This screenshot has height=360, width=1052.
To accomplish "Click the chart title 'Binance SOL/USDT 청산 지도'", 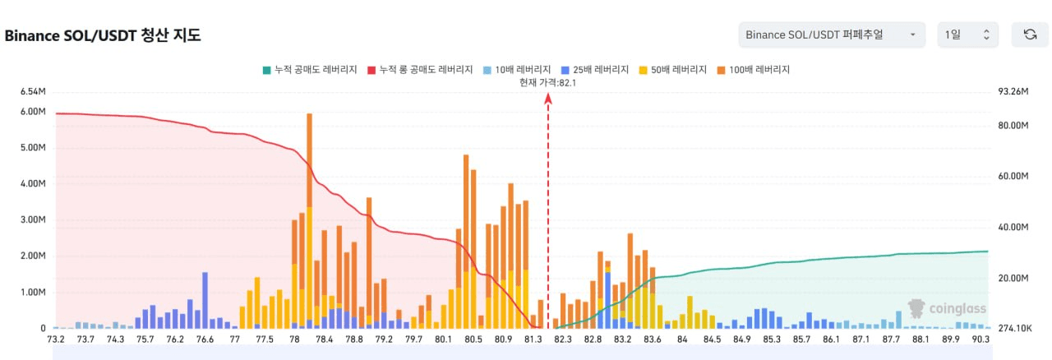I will pyautogui.click(x=103, y=35).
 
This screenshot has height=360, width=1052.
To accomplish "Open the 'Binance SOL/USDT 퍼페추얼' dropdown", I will pyautogui.click(x=830, y=35).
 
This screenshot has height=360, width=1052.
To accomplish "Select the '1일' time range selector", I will pyautogui.click(x=967, y=35).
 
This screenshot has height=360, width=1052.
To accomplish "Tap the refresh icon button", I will pyautogui.click(x=1030, y=35).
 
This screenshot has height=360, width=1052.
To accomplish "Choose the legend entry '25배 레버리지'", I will pyautogui.click(x=599, y=70).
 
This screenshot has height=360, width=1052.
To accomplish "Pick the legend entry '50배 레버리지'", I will pyautogui.click(x=677, y=70).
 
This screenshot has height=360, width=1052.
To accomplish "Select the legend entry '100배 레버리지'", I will pyautogui.click(x=758, y=70).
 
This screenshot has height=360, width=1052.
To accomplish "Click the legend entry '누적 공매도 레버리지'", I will pyautogui.click(x=314, y=70).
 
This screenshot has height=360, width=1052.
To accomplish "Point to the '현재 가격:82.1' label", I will pyautogui.click(x=547, y=82).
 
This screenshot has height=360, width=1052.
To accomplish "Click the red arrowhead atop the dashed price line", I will pyautogui.click(x=548, y=98).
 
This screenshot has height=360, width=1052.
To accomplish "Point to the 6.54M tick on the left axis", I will pyautogui.click(x=33, y=91).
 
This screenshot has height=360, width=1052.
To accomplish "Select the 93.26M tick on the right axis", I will pyautogui.click(x=1013, y=91).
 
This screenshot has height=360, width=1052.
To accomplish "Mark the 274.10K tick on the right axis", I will pyautogui.click(x=1015, y=329).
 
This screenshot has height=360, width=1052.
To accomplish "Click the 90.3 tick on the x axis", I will pyautogui.click(x=980, y=339).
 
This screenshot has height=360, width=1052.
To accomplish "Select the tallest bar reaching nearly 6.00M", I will pyautogui.click(x=309, y=220).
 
